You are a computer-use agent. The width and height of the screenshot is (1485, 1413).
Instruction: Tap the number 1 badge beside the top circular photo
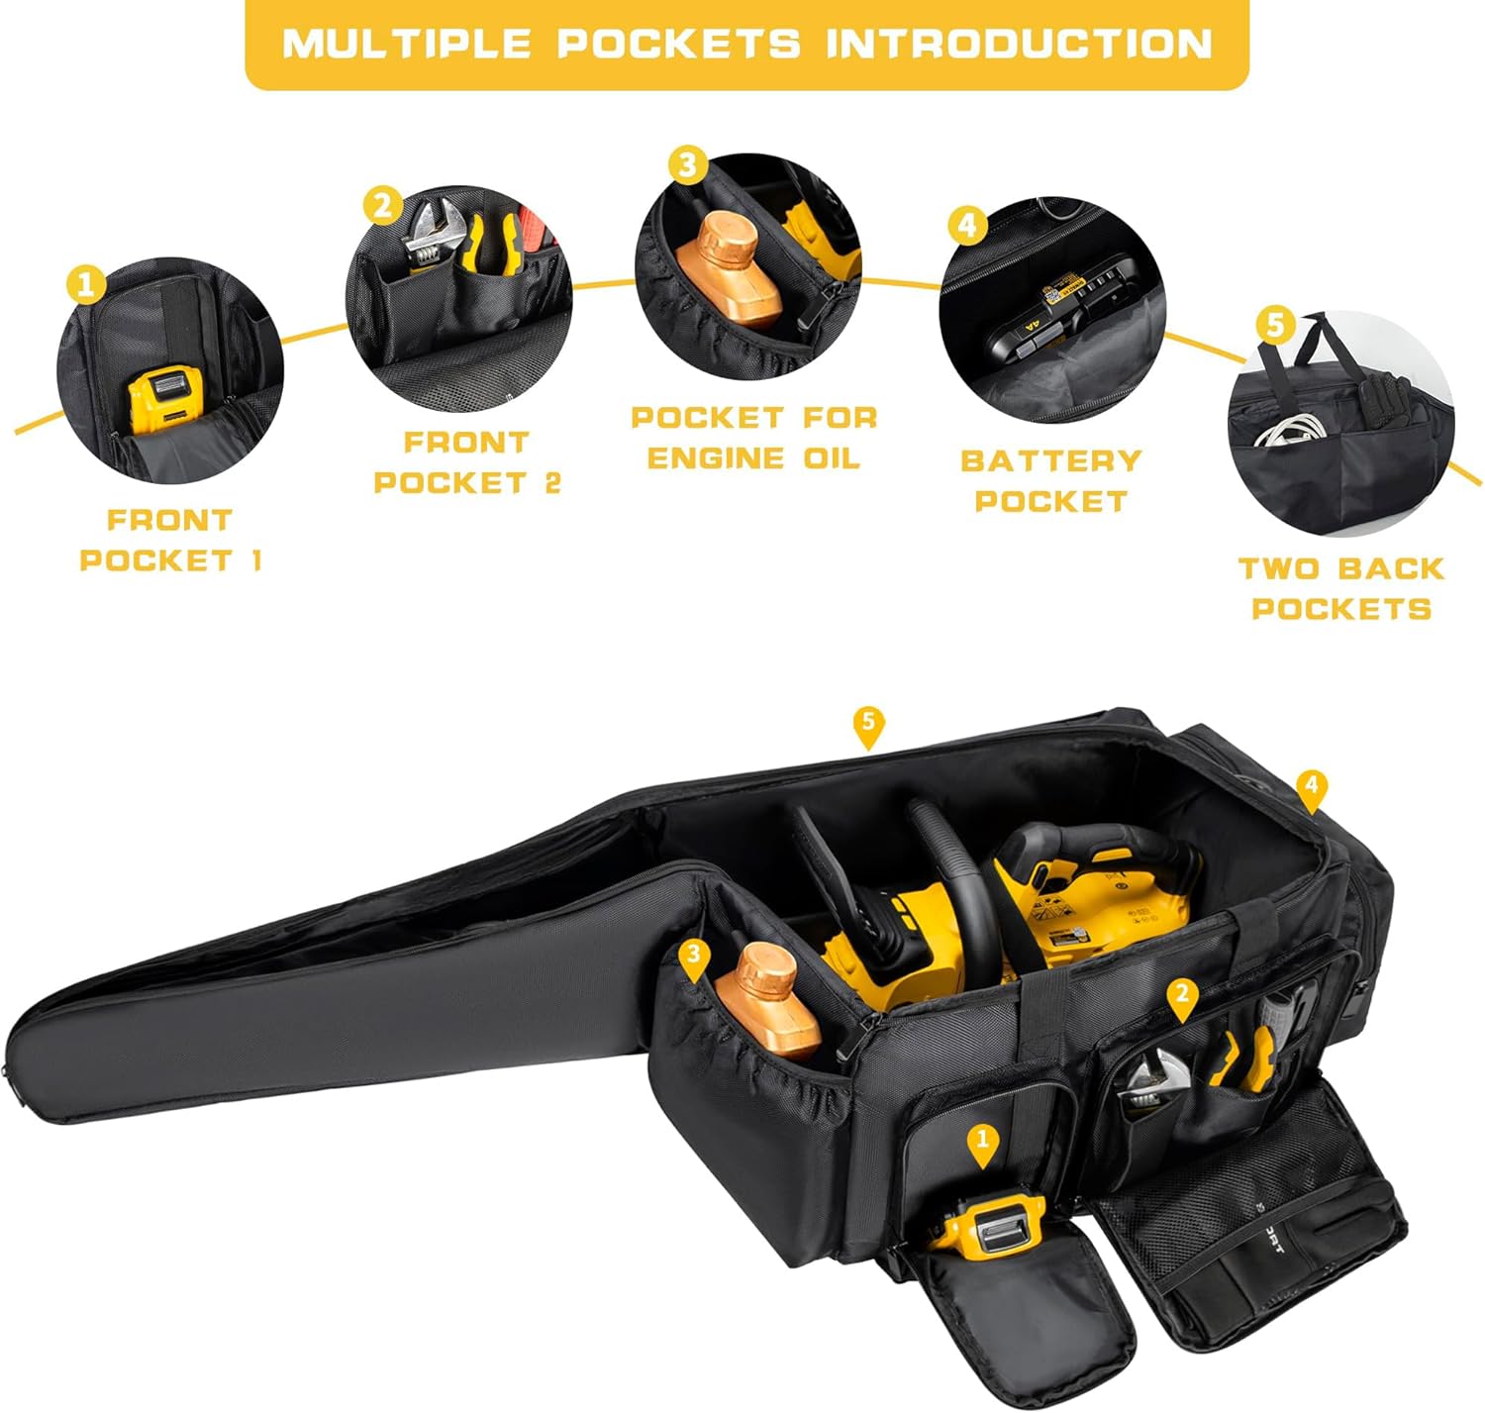86,284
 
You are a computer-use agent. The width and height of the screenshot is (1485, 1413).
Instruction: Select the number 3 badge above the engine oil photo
688,164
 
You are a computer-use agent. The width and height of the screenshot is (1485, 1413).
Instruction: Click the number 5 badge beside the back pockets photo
1275,323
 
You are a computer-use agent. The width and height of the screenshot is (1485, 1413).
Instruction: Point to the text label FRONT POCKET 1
169,540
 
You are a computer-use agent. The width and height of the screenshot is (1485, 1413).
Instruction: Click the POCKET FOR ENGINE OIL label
754,438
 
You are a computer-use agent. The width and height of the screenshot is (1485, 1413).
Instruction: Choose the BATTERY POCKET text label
1050,480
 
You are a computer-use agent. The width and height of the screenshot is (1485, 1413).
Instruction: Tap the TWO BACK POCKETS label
1341,588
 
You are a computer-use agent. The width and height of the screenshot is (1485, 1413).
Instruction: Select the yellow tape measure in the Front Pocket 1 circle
161,401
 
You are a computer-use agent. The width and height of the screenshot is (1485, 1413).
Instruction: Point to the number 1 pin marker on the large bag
982,1142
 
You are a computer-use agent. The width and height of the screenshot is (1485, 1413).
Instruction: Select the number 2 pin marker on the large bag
1182,996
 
